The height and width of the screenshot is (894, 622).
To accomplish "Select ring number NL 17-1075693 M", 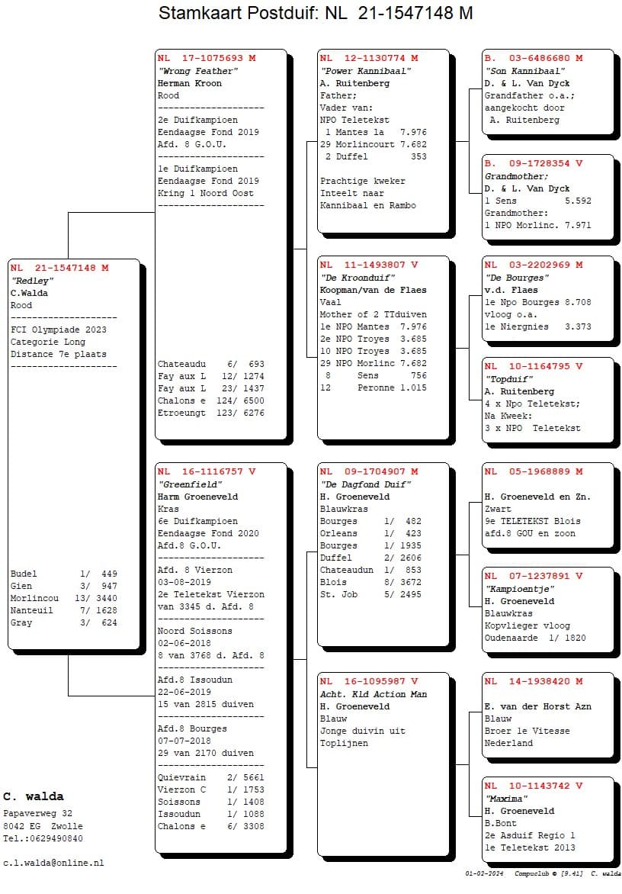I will (x=207, y=59).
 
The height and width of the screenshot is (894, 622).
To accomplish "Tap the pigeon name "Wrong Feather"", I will (x=198, y=71).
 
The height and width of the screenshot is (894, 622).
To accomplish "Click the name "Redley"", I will (x=32, y=281).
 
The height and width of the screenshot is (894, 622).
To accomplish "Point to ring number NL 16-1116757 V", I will (x=207, y=472).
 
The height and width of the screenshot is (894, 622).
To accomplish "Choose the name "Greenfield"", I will (x=190, y=484).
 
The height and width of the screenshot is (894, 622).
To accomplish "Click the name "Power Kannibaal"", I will (x=366, y=71).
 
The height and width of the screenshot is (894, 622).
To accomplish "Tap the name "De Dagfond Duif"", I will (x=366, y=484).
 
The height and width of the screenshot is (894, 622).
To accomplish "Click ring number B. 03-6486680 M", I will (x=534, y=59).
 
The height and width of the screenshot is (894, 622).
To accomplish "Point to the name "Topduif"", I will (x=509, y=379).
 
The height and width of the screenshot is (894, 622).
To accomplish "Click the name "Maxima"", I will (x=507, y=799).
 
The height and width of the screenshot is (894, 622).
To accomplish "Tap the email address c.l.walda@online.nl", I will (x=53, y=863).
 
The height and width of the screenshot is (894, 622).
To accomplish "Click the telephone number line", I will (x=43, y=838).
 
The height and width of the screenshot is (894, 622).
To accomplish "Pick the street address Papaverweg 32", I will (x=38, y=814).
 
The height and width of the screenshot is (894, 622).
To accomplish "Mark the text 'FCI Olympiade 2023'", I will (x=59, y=330).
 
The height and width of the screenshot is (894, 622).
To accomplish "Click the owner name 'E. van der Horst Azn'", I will (x=537, y=706).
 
